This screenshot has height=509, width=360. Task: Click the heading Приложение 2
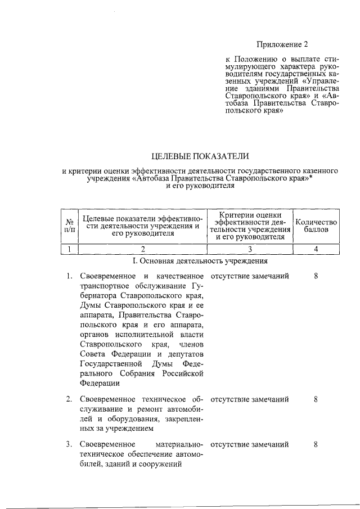tap(283, 44)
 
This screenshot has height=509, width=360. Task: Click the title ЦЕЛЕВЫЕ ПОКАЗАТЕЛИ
tap(200, 155)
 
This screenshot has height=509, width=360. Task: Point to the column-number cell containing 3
tap(250, 249)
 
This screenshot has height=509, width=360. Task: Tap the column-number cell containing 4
tap(316, 249)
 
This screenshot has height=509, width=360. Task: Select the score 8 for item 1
tap(316, 276)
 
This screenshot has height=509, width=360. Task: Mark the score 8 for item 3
tap(316, 444)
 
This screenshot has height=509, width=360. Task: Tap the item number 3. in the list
tap(68, 444)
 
